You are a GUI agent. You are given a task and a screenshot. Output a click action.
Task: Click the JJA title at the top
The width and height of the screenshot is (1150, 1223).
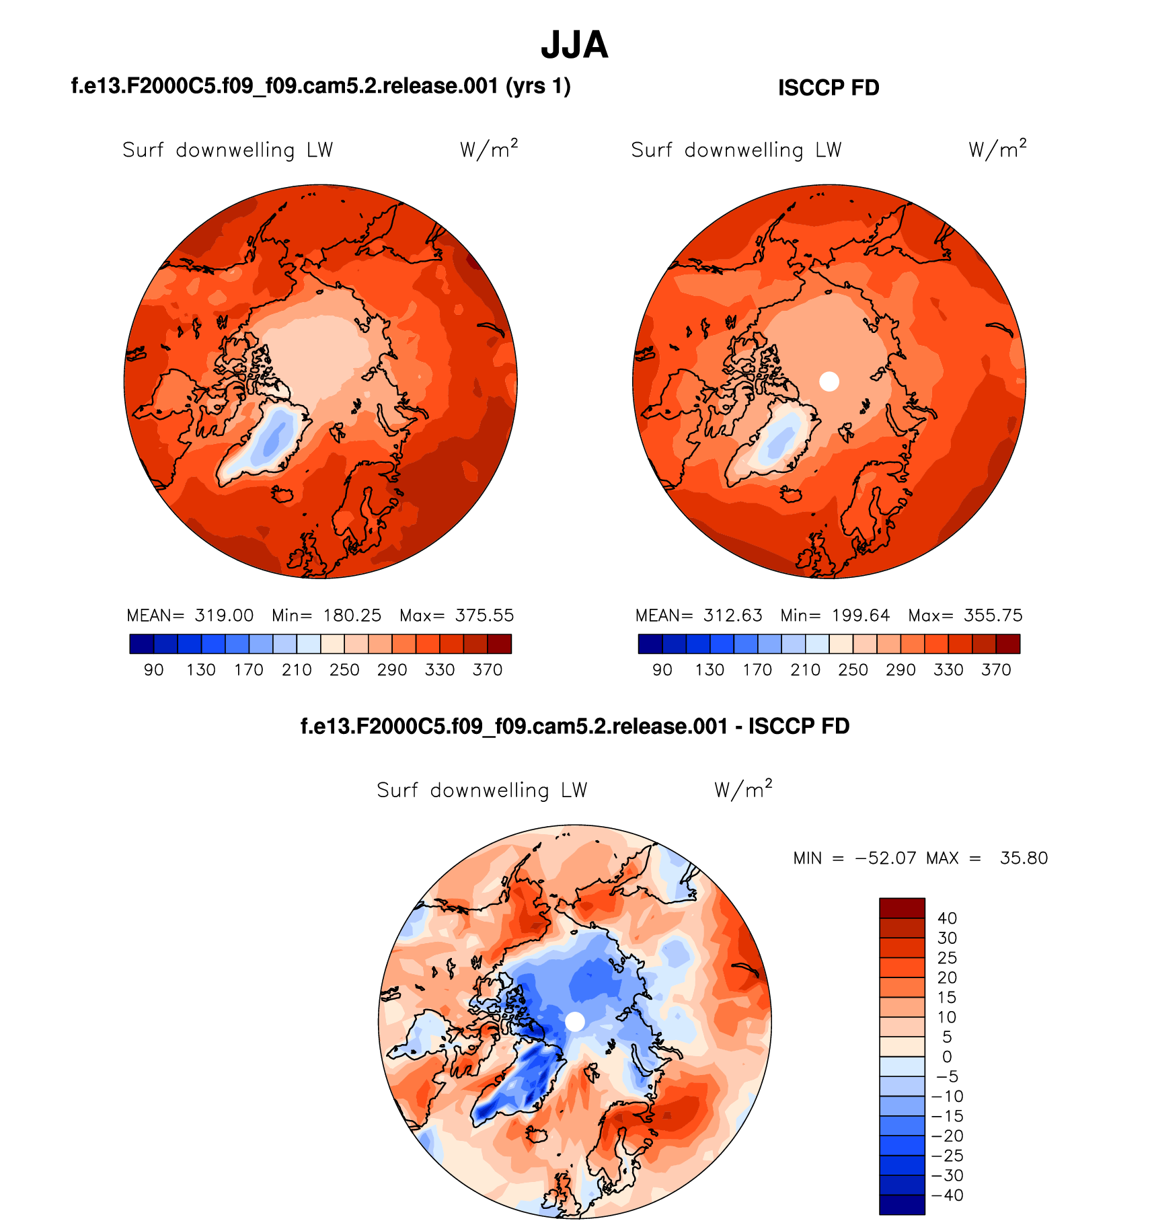tap(574, 45)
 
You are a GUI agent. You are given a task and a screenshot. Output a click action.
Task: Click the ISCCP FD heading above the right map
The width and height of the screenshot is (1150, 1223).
tap(829, 88)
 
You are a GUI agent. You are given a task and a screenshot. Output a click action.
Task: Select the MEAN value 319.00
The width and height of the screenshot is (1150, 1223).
tap(224, 616)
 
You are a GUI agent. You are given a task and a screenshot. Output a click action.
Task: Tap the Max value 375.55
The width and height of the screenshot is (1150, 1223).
tap(484, 616)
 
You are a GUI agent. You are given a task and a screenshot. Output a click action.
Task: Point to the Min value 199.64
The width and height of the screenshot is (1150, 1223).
tap(861, 616)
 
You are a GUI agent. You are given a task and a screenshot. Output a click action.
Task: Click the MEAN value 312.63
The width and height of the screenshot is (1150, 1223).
tap(732, 616)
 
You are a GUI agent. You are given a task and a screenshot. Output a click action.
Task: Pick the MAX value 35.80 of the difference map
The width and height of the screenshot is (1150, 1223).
tap(1024, 858)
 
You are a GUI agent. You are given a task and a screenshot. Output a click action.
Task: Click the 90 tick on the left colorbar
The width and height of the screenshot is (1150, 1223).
tap(153, 670)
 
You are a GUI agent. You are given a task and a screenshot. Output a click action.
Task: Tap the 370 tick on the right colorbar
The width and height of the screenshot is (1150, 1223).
tap(996, 670)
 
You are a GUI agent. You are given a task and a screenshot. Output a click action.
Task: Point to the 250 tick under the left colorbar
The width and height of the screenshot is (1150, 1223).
tap(344, 670)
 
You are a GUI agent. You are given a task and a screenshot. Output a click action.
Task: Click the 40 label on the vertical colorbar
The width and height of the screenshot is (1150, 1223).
tap(947, 918)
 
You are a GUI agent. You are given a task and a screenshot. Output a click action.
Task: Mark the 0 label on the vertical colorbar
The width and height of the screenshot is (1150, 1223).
tap(947, 1057)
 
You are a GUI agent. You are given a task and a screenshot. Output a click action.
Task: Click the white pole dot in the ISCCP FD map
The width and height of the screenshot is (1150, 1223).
tap(829, 381)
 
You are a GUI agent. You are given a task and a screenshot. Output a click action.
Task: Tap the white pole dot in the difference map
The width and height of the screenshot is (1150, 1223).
tap(575, 1021)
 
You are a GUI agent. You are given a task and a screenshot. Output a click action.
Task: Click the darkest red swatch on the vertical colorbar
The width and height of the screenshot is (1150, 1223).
tap(902, 907)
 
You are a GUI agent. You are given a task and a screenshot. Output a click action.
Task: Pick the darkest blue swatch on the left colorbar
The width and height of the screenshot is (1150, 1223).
tap(141, 644)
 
